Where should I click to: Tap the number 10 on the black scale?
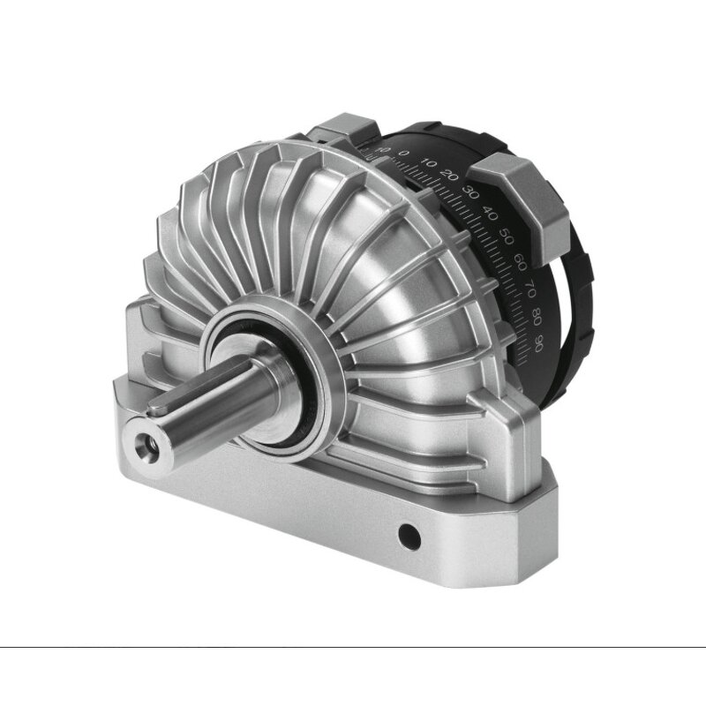point(429,162)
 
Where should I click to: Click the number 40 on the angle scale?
point(490,213)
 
